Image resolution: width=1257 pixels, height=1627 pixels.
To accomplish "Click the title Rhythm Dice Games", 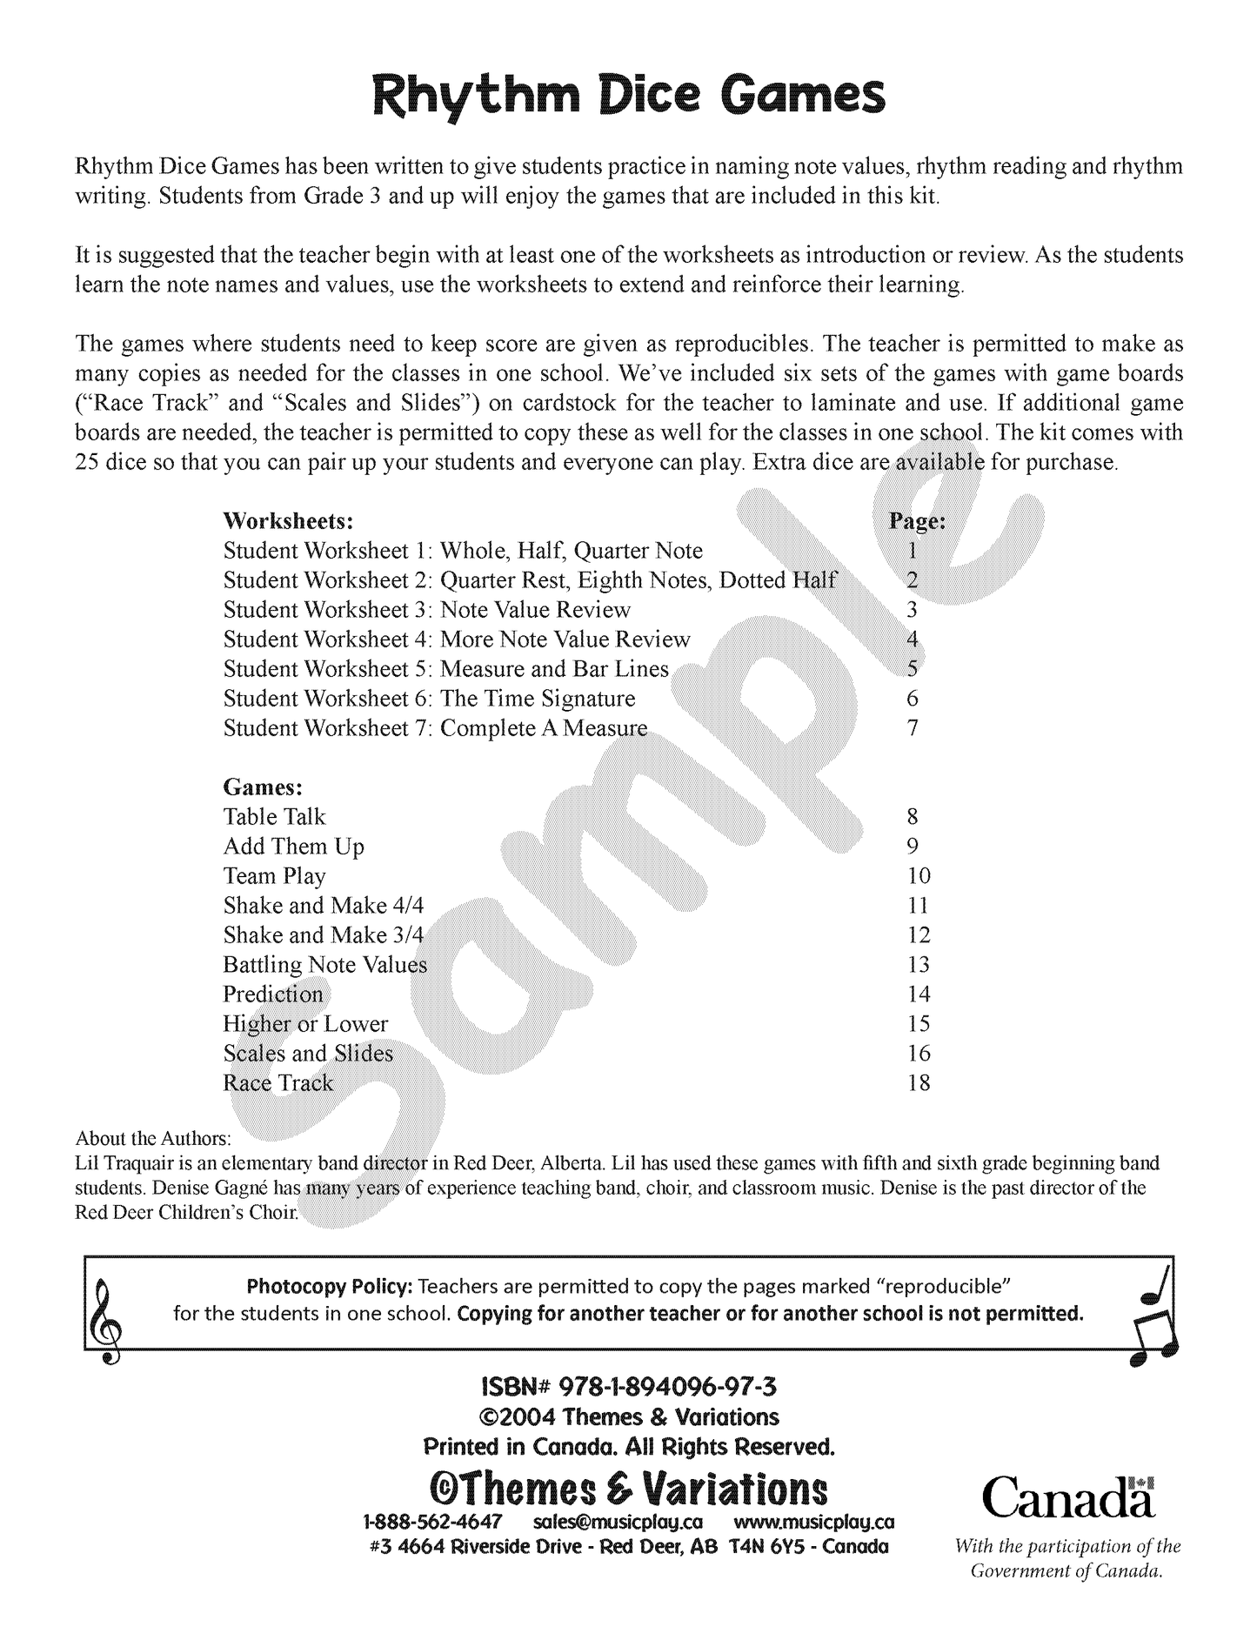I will click(x=628, y=97).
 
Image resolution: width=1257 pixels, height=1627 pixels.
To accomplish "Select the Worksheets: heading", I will click(x=288, y=521).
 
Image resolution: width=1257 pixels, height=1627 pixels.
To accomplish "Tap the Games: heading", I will click(x=263, y=787).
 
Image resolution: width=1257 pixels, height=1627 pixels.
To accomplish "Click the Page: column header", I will click(x=916, y=521).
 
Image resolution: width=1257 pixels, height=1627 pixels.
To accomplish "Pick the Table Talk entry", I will click(x=274, y=817).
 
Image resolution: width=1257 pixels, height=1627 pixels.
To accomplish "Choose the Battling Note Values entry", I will click(x=325, y=965).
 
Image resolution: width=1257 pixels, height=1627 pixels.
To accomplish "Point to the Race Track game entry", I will click(x=278, y=1083).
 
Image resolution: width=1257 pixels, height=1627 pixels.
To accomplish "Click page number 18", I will click(x=919, y=1083).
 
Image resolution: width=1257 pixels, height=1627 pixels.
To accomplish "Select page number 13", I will click(x=919, y=965).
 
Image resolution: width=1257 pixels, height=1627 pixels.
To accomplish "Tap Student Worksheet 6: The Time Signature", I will click(x=429, y=699).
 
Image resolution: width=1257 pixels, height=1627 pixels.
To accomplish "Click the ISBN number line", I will click(x=628, y=1386).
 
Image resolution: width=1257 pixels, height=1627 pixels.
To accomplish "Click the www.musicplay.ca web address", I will click(x=814, y=1522).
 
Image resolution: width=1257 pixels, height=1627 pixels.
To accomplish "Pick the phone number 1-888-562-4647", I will click(x=432, y=1522).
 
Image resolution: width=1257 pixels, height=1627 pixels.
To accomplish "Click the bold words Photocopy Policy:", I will click(x=330, y=1286).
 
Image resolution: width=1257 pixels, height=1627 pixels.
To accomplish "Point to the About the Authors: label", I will click(x=154, y=1138).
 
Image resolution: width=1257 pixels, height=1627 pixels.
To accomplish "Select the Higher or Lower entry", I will click(x=305, y=1024).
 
